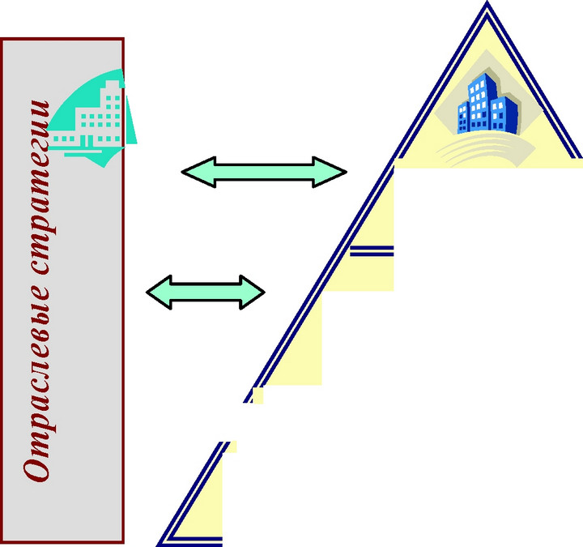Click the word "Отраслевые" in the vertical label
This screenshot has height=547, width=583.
[36, 385]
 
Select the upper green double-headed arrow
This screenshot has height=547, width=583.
[264, 172]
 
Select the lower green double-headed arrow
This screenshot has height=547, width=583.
[205, 292]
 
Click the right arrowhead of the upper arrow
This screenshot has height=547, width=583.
[330, 172]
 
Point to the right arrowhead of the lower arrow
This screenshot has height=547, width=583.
[253, 292]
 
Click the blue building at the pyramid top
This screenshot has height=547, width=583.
[487, 104]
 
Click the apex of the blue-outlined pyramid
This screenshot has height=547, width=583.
[487, 2]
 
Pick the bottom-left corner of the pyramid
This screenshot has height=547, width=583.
[157, 545]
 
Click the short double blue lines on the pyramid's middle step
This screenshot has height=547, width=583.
[372, 251]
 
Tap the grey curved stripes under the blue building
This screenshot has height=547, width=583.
[486, 150]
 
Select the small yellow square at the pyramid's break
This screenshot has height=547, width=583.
[257, 395]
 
